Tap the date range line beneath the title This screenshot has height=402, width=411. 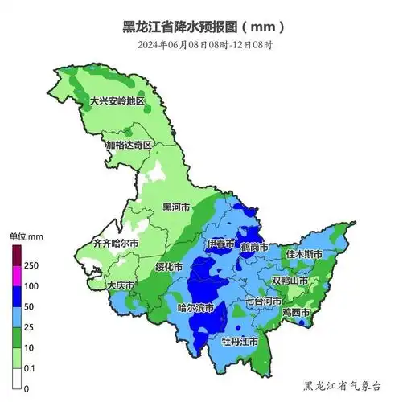click(x=204, y=45)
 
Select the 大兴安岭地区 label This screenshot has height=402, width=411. click(x=117, y=102)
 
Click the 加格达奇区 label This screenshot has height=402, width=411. click(x=129, y=146)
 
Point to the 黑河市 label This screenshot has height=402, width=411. click(x=176, y=207)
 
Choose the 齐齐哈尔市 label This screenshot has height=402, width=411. click(x=115, y=243)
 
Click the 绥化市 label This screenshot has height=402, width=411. click(x=171, y=266)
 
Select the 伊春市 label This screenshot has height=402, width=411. click(x=220, y=244)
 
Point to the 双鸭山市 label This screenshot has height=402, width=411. click(x=290, y=281)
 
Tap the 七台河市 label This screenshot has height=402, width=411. click(x=265, y=301)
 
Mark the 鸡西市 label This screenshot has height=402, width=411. click(x=296, y=312)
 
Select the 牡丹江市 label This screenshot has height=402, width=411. click(x=240, y=342)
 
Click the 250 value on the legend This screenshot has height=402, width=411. click(x=32, y=265)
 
